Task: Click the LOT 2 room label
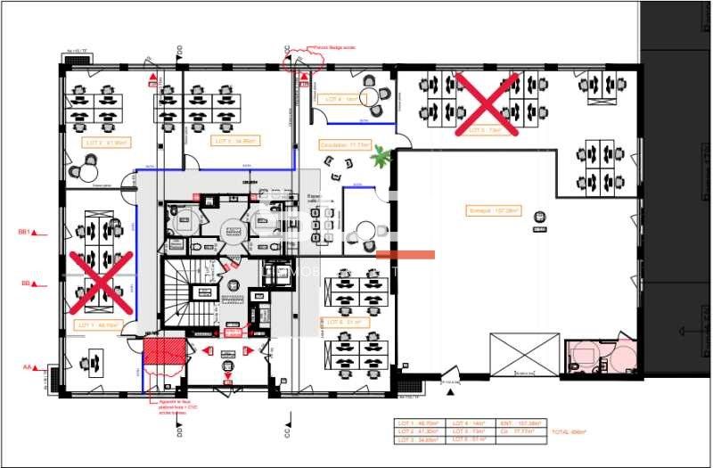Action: tap(106, 142)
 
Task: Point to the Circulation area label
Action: tap(347, 144)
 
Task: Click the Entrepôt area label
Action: tap(494, 211)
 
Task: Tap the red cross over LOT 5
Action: tap(488, 104)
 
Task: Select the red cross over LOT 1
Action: tap(101, 278)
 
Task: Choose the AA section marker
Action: tap(33, 366)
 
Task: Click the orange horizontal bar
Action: tap(406, 255)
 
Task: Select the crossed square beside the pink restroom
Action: tap(524, 354)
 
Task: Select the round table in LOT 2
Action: tap(87, 164)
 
